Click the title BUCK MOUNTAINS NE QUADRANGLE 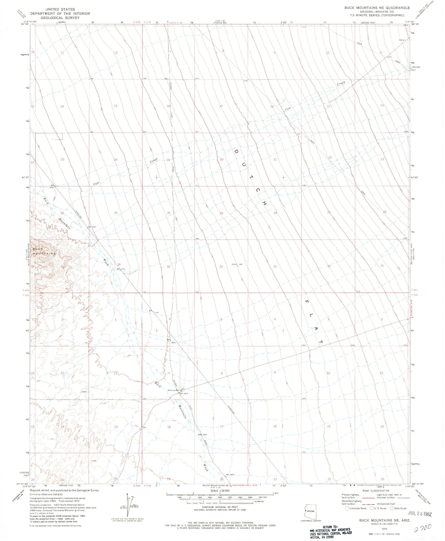point(377,8)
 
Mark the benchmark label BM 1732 point(121,269)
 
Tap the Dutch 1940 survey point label point(237,264)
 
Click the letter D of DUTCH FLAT point(236,151)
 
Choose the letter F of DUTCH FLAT point(307,301)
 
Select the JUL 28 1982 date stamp point(420,514)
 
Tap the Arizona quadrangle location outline point(310,511)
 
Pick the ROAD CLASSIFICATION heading point(376,491)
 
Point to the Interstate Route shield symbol point(347,508)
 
